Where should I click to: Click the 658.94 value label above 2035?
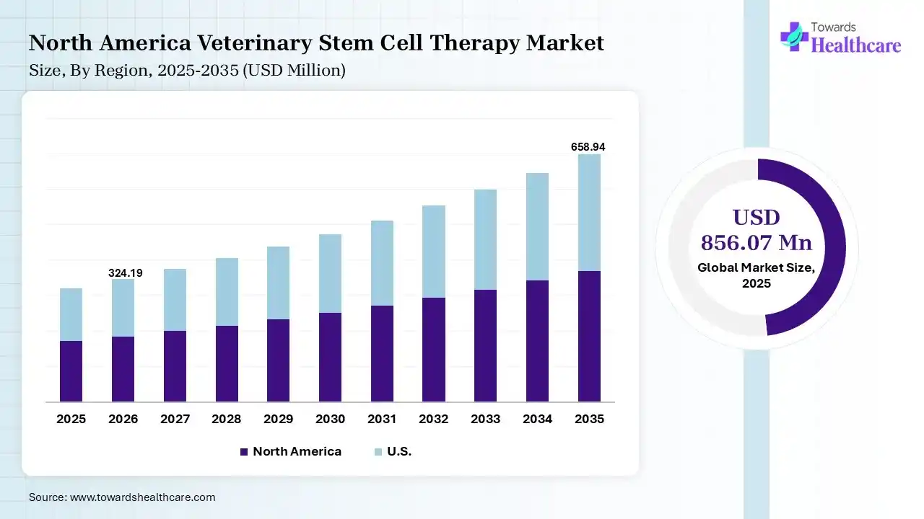coord(588,147)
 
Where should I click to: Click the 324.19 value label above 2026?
coord(126,273)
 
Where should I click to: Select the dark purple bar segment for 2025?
coord(71,371)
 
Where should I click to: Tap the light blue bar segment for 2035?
coord(589,213)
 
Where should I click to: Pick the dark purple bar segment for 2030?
coord(330,357)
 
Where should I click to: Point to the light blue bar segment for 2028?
coord(227,292)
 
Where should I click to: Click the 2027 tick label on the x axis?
coord(175,419)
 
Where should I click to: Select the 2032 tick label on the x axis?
coord(434,419)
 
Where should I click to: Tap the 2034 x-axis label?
coord(537,419)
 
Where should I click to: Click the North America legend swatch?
coord(244,452)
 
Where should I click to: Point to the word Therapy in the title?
coord(473,43)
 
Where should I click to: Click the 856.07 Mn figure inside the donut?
coord(757,242)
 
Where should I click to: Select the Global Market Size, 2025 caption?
coord(757,275)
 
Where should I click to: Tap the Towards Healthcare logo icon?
coord(794,36)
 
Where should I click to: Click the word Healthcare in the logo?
coord(856,45)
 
